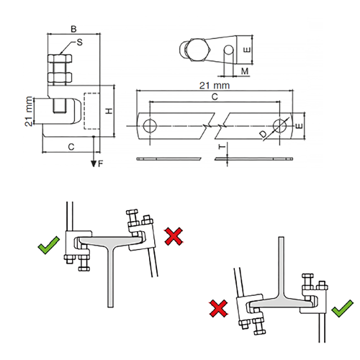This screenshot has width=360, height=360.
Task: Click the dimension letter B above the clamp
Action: pos(73,29)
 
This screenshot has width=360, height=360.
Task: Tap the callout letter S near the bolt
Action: pos(80,42)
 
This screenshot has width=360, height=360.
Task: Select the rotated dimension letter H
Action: pos(109,111)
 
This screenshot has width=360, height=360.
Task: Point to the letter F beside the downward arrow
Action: pos(101,163)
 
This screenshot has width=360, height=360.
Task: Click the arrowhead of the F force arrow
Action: pos(94,163)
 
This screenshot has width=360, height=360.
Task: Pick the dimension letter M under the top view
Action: pos(245,71)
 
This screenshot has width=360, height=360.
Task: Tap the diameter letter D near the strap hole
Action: pos(264,135)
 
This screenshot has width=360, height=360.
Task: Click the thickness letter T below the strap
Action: pos(222,146)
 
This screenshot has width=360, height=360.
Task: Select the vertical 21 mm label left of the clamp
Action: pos(29,111)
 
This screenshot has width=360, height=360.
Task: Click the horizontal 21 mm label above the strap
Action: pos(215,86)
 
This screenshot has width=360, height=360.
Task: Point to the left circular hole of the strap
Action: pos(150,125)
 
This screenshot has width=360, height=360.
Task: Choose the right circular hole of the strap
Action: pos(280,125)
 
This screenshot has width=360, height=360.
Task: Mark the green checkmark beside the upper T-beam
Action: pos(49,245)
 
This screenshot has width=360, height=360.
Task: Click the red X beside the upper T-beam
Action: pos(174,236)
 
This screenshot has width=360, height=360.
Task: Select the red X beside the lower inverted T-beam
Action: pos(219,308)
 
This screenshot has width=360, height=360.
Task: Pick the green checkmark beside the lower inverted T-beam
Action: pos(343,309)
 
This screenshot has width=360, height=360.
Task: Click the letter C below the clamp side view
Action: pos(71,147)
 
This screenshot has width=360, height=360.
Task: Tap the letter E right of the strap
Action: pos(300,126)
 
